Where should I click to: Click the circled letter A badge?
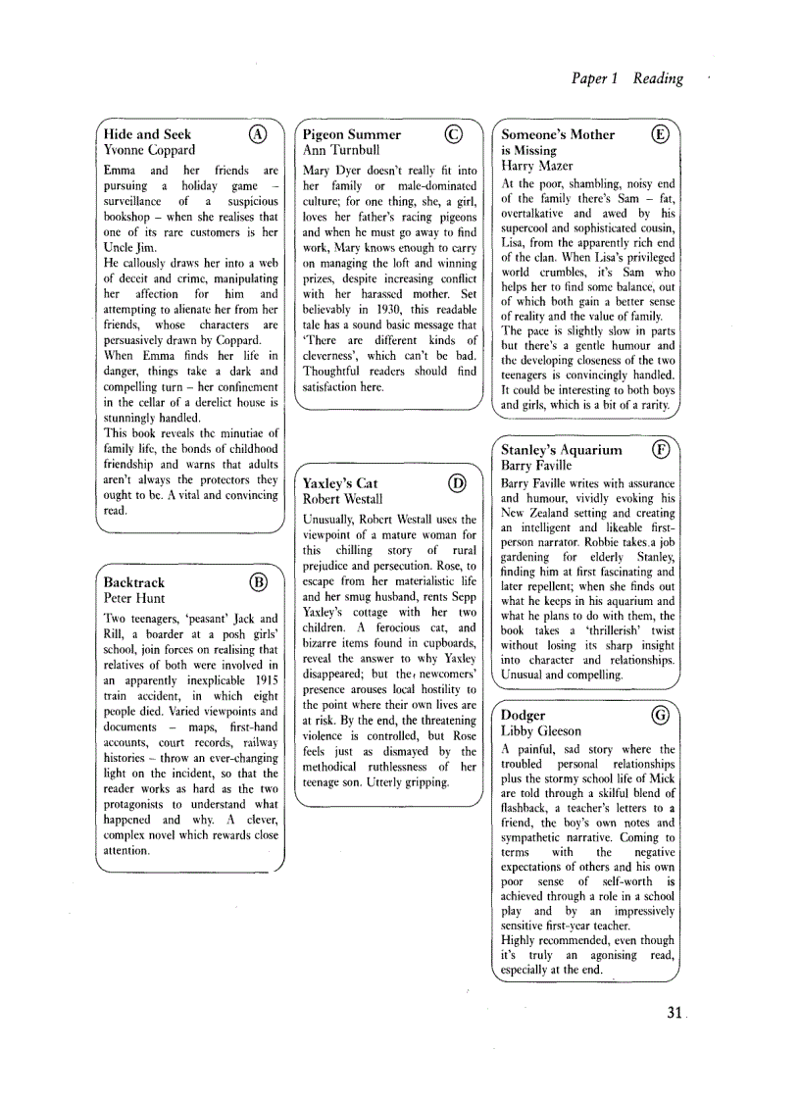click(x=257, y=134)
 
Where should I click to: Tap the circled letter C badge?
click(x=452, y=134)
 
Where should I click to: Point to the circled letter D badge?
click(x=456, y=482)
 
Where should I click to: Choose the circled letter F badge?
click(x=660, y=450)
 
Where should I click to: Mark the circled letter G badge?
click(x=660, y=716)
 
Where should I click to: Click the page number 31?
click(x=674, y=1013)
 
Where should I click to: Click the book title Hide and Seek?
click(x=147, y=134)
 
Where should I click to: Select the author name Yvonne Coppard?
click(x=149, y=150)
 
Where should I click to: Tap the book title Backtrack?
click(x=134, y=582)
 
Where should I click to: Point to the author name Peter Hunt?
click(x=134, y=598)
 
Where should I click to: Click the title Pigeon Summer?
click(x=352, y=134)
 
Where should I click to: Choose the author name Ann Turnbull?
click(x=341, y=150)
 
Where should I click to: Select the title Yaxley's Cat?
click(x=340, y=483)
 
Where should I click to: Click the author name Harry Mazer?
click(x=537, y=166)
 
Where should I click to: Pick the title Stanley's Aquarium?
click(x=562, y=450)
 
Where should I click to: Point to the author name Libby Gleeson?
click(x=541, y=731)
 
